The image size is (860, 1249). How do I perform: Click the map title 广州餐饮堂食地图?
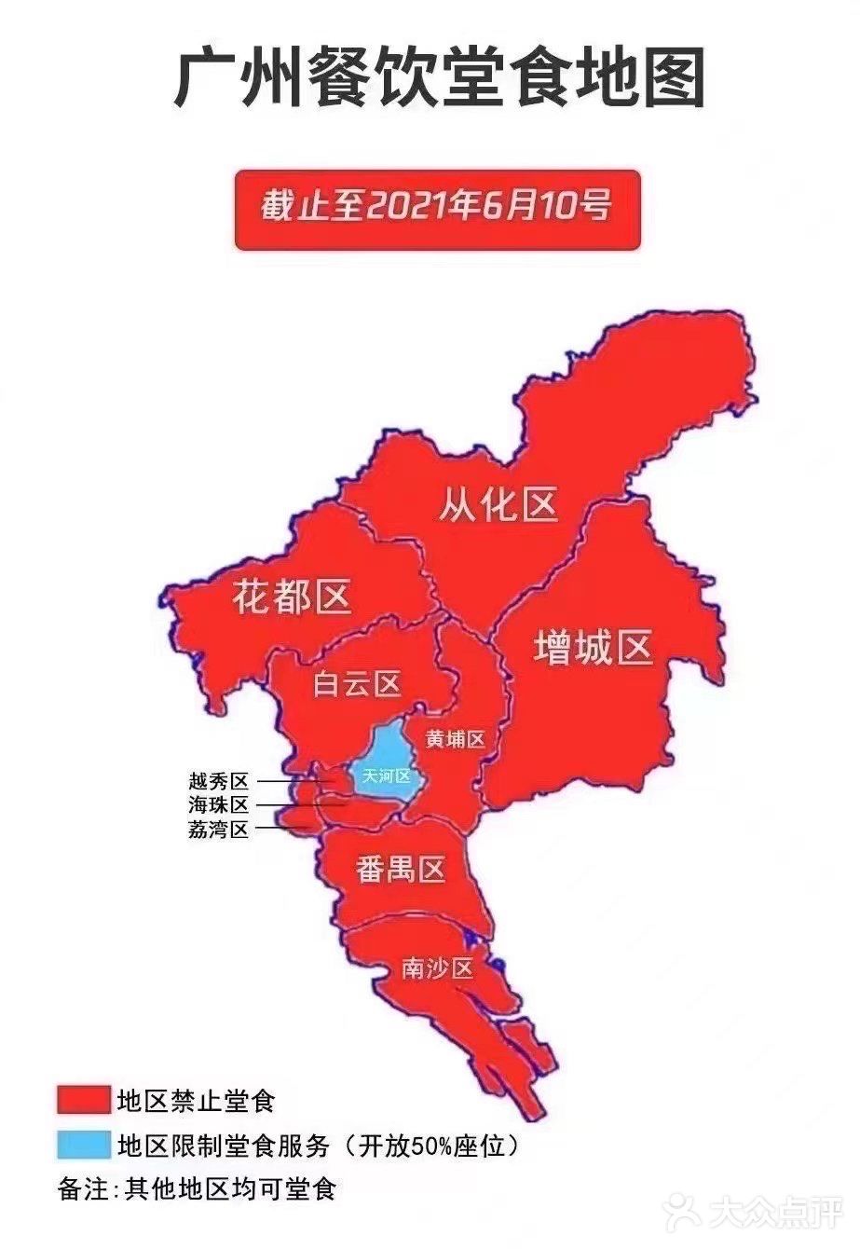(439, 79)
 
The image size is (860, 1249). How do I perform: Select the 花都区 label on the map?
(292, 596)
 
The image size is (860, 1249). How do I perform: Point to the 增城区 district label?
(593, 647)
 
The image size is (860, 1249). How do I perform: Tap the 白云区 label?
(357, 684)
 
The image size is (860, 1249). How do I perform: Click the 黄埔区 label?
(456, 740)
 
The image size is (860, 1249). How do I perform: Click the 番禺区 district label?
(401, 870)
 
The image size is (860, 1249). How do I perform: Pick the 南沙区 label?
(438, 968)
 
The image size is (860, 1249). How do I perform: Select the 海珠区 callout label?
(219, 804)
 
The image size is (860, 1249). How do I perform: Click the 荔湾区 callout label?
(219, 829)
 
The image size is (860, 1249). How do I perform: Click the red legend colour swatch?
(83, 1100)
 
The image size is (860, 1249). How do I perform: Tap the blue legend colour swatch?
(83, 1145)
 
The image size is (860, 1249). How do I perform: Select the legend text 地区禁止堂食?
(198, 1101)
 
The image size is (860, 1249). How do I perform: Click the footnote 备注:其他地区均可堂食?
(196, 1189)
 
